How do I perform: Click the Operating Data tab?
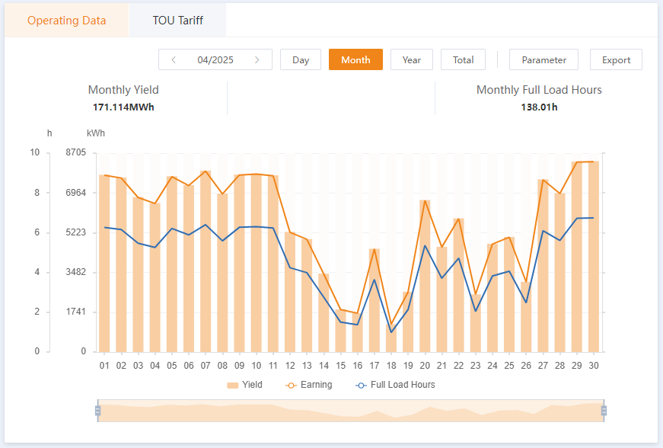click(67, 21)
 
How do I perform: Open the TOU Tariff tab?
click(177, 21)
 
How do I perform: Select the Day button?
click(301, 59)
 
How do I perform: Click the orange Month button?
click(355, 59)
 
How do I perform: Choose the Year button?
click(412, 59)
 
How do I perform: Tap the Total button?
click(463, 59)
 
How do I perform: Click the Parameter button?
click(543, 59)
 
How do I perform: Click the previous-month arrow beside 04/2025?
click(174, 59)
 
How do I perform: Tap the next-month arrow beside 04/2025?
click(257, 59)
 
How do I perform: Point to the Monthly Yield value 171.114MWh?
click(123, 107)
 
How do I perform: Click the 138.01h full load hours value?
click(539, 107)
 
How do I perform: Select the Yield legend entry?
click(244, 385)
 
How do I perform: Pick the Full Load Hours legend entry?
click(395, 385)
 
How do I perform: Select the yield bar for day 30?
click(594, 256)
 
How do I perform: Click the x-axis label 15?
click(340, 365)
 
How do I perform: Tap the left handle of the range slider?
click(97, 411)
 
